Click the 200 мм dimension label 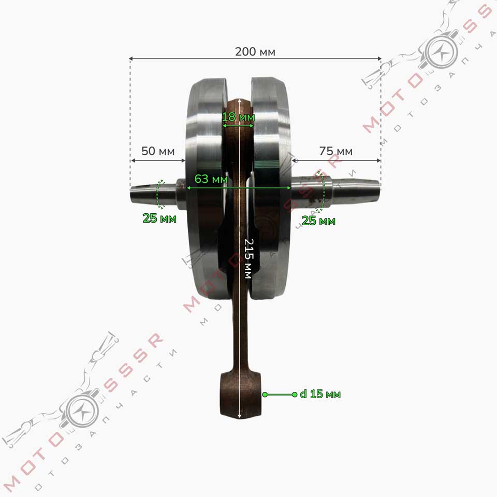click(x=255, y=52)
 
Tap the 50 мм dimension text click(x=158, y=151)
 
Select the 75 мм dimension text click(x=335, y=151)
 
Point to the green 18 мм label click(x=238, y=117)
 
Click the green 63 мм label click(x=211, y=179)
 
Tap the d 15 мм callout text click(x=320, y=394)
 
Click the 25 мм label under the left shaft click(x=159, y=218)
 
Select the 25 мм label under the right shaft click(x=318, y=221)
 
